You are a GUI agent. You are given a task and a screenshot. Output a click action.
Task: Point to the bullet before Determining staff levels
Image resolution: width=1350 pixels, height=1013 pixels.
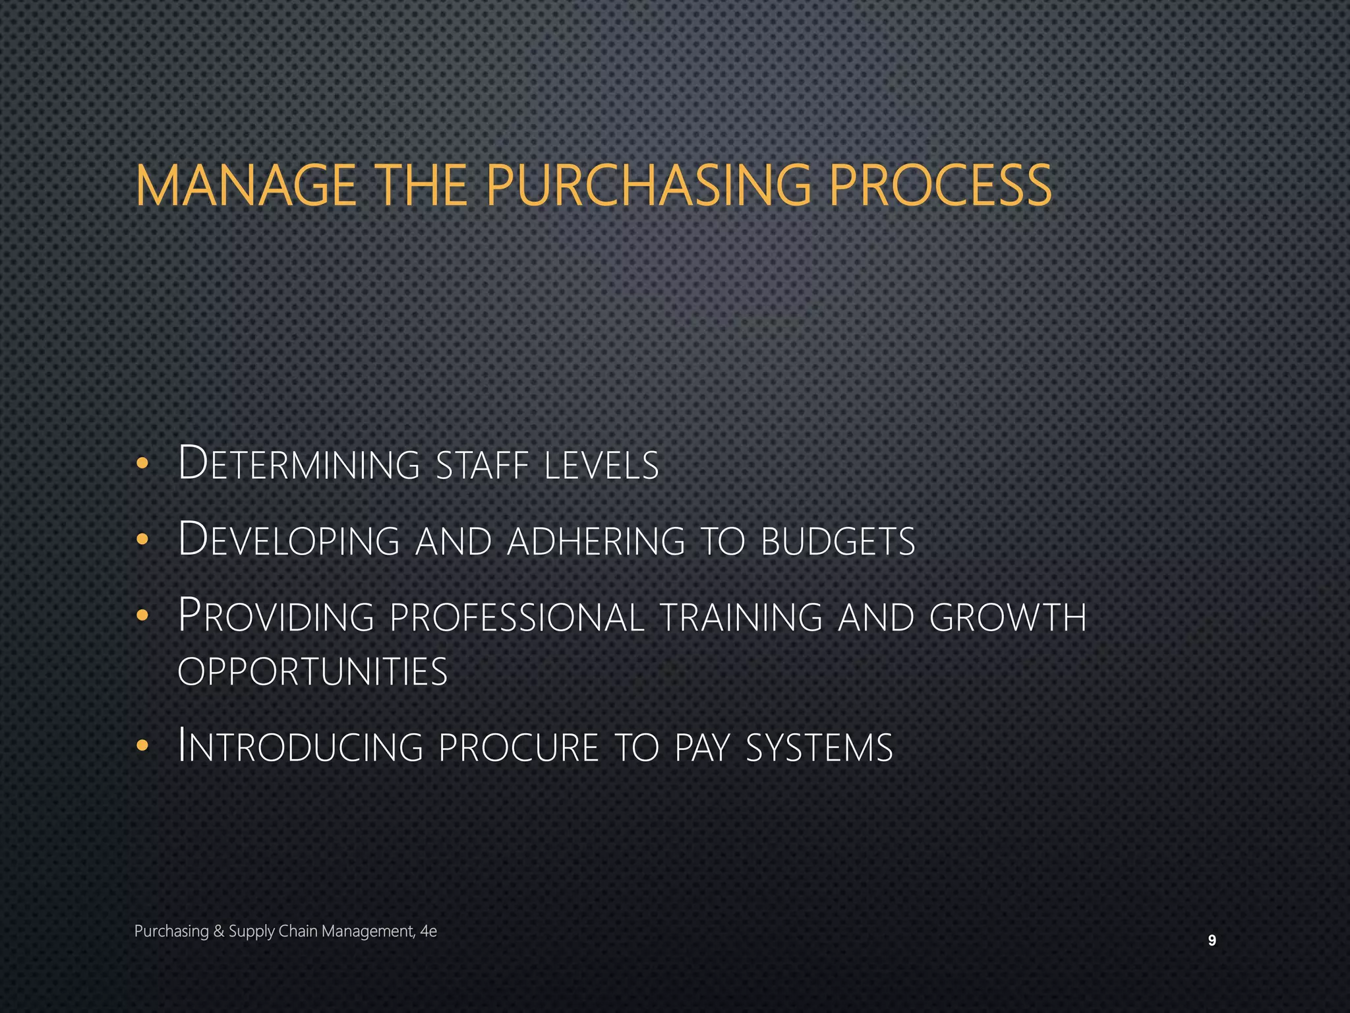(142, 464)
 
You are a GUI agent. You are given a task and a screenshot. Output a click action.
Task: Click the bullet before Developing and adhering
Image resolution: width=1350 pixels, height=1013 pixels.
(142, 540)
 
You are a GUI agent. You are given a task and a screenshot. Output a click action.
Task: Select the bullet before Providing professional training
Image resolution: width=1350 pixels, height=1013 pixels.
(142, 616)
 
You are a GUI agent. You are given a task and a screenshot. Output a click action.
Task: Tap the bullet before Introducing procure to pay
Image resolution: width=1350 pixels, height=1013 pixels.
(142, 747)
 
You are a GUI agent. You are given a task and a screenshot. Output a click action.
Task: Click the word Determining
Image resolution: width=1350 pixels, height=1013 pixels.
(299, 464)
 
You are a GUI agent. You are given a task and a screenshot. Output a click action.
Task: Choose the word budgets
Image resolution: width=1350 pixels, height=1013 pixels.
(838, 540)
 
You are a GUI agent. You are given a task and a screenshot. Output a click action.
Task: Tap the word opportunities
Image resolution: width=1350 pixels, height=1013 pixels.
(312, 672)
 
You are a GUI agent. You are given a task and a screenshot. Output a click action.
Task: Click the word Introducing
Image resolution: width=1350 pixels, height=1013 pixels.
(300, 747)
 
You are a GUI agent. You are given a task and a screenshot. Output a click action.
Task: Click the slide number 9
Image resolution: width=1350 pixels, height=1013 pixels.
(1212, 941)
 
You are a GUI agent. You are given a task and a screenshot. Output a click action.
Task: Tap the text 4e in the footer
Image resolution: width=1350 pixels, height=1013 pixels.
(428, 931)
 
